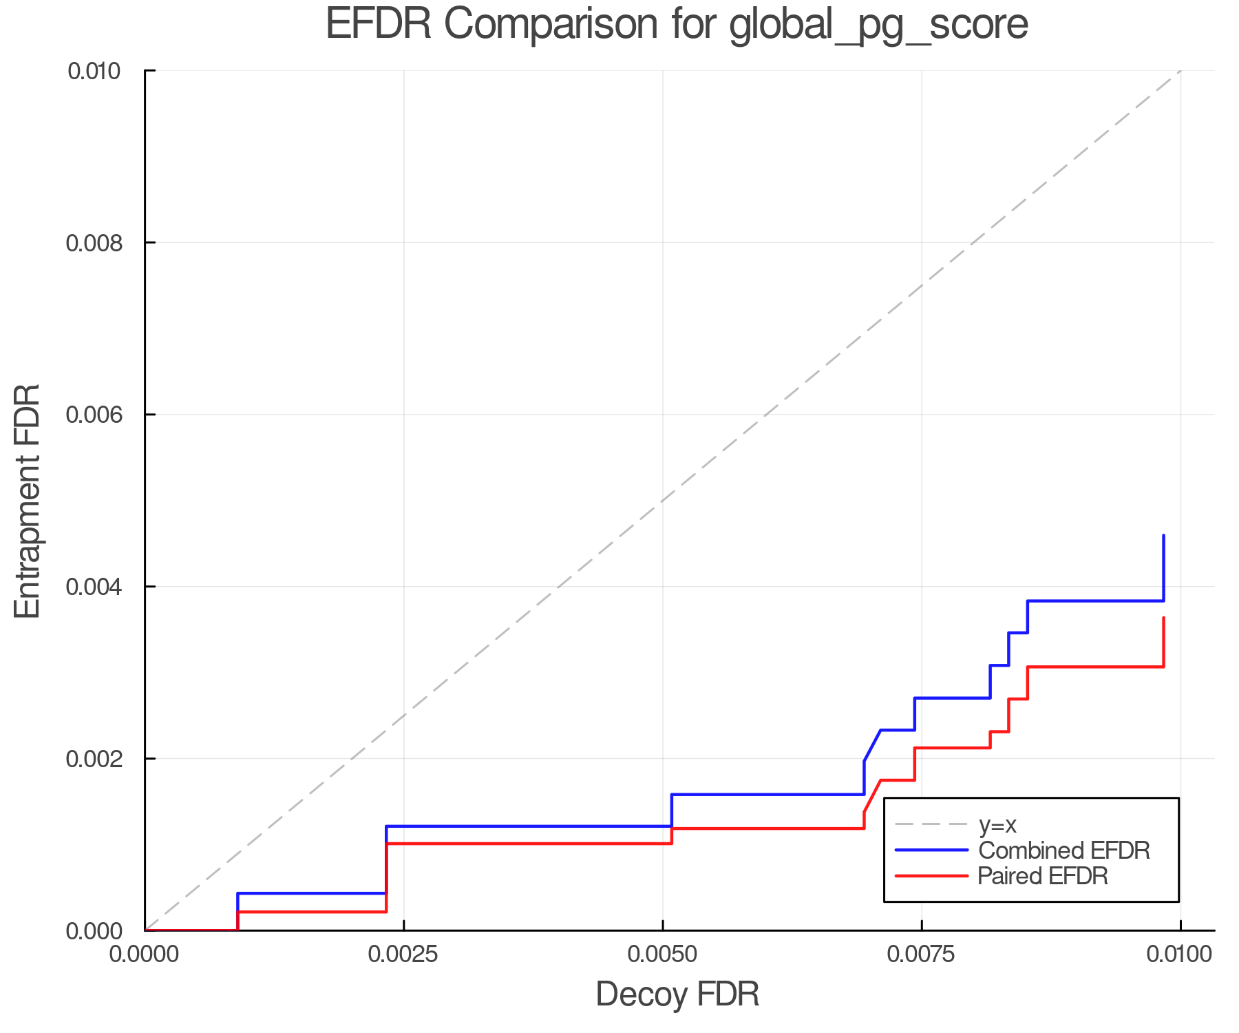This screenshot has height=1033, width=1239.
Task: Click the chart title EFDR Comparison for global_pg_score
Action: (677, 25)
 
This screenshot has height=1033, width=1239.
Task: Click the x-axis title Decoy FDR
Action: (677, 994)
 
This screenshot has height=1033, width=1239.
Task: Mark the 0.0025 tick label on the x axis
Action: (403, 954)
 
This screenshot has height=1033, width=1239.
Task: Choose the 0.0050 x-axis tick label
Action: (662, 954)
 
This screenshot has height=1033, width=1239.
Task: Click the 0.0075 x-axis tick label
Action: (921, 954)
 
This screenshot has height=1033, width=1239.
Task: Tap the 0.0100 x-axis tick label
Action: (1180, 954)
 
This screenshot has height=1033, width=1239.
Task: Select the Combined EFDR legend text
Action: (1063, 851)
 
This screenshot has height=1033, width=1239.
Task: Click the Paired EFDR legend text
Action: (1042, 876)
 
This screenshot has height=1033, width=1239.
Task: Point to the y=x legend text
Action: (997, 824)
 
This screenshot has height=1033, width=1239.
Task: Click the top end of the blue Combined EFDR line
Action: (1163, 536)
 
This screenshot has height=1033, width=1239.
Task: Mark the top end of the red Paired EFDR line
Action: (1163, 618)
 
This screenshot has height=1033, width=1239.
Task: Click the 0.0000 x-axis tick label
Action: (145, 954)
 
